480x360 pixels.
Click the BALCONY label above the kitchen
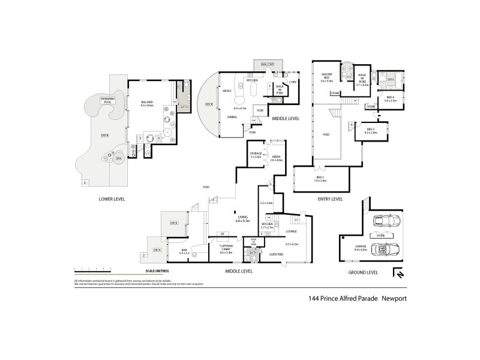click(x=267, y=64)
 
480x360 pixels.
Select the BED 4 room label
click(x=390, y=99)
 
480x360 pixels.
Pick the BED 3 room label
click(x=370, y=131)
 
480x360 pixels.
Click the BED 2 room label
click(x=320, y=178)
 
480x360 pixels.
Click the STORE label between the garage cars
click(x=380, y=236)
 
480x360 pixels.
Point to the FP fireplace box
click(x=222, y=233)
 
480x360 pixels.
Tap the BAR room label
click(x=184, y=252)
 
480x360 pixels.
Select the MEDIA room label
click(x=276, y=158)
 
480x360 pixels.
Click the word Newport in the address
click(x=394, y=297)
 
